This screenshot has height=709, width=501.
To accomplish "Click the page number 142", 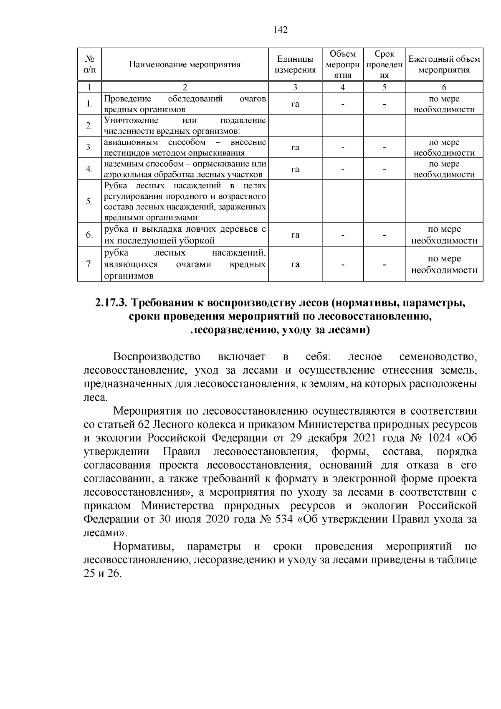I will (281, 30).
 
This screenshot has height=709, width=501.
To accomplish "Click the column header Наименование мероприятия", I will (185, 64).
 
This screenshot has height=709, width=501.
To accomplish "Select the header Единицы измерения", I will (295, 64).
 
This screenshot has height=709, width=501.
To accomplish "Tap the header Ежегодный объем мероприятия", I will (444, 64).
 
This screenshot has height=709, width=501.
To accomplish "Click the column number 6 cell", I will (444, 87).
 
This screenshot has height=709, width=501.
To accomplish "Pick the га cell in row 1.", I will (295, 104).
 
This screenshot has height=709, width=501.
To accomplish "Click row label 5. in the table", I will (89, 201).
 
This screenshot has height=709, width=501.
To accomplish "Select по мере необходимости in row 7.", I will (444, 264).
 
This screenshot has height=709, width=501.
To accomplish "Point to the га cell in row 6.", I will (295, 235).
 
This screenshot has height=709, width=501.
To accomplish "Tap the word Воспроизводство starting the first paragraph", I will (157, 357).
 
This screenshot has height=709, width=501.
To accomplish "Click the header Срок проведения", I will (384, 64).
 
